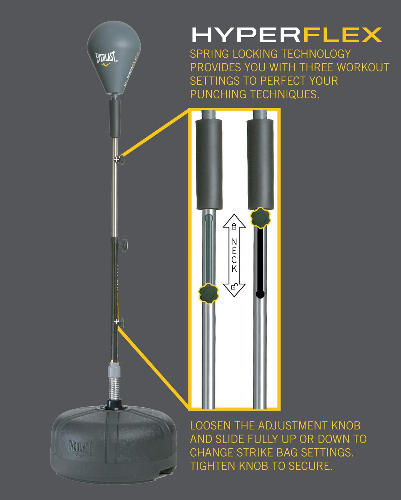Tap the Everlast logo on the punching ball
(x=107, y=59)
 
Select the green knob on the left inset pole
(x=209, y=293)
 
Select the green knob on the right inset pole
(x=260, y=218)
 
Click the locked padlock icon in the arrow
(x=234, y=226)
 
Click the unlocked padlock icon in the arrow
(x=234, y=287)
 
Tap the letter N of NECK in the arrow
(x=234, y=242)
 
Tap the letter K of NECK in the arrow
(x=234, y=268)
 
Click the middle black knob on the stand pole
(x=123, y=245)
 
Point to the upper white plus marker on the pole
(x=116, y=160)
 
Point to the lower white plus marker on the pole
(x=117, y=322)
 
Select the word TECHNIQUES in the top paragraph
(x=284, y=94)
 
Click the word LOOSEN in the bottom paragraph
(x=210, y=425)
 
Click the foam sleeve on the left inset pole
(x=209, y=165)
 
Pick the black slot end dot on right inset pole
(x=260, y=294)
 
